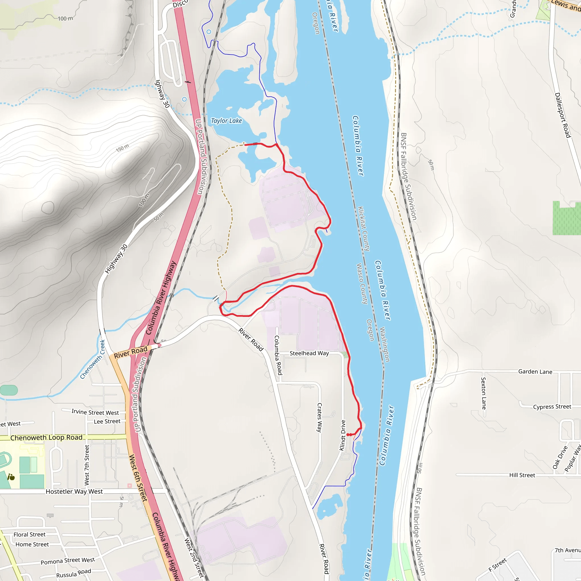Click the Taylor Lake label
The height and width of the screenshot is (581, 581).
[226, 121]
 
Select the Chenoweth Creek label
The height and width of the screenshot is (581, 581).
[92, 359]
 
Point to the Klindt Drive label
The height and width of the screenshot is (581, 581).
[342, 435]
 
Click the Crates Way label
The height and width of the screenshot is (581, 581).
[319, 418]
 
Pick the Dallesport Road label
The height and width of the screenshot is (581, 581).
[562, 115]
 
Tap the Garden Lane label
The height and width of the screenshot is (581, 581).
[535, 372]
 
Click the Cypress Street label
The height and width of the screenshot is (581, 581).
[552, 407]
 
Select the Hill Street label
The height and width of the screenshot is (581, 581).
[522, 475]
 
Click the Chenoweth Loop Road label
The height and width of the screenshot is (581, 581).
[46, 437]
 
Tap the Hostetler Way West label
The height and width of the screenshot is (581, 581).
[74, 491]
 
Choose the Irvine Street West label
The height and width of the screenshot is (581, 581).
[95, 412]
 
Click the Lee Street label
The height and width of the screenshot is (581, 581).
[107, 421]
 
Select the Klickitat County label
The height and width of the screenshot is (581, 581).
[364, 229]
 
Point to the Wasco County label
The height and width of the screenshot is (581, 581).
[362, 284]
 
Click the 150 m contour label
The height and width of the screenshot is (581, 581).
[122, 148]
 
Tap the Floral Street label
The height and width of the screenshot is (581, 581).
[30, 534]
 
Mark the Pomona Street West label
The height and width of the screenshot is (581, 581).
[68, 561]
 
